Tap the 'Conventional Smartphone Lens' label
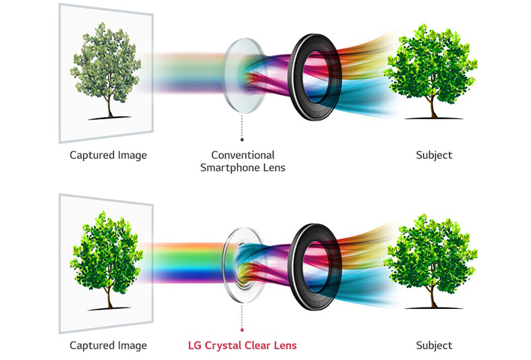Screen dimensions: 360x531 pos(242,161)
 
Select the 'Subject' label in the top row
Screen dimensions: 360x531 pos(433,155)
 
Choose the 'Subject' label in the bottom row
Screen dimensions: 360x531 pos(433,345)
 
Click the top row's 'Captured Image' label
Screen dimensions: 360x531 pos(108,155)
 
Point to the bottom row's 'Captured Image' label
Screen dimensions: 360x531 pos(108,345)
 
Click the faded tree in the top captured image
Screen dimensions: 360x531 pos(106,66)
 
